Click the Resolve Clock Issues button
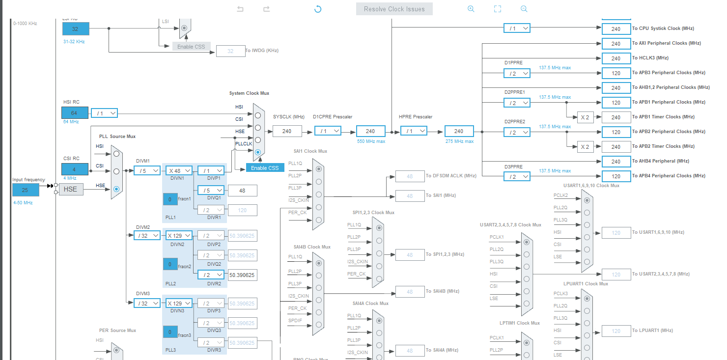394,9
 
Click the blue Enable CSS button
265,167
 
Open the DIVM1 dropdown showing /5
147,170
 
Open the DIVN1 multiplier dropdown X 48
178,170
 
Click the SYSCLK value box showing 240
287,131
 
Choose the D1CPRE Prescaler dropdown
328,131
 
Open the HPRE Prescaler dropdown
414,131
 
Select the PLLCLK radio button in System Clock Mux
257,152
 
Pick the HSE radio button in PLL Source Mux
116,189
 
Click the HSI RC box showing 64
75,112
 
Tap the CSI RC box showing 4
75,169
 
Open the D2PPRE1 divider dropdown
517,103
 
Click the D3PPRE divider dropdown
517,176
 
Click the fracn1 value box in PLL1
170,199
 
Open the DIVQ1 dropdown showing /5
211,190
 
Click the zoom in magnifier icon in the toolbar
471,9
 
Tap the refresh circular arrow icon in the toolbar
318,9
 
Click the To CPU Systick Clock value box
616,29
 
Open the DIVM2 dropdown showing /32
147,235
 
